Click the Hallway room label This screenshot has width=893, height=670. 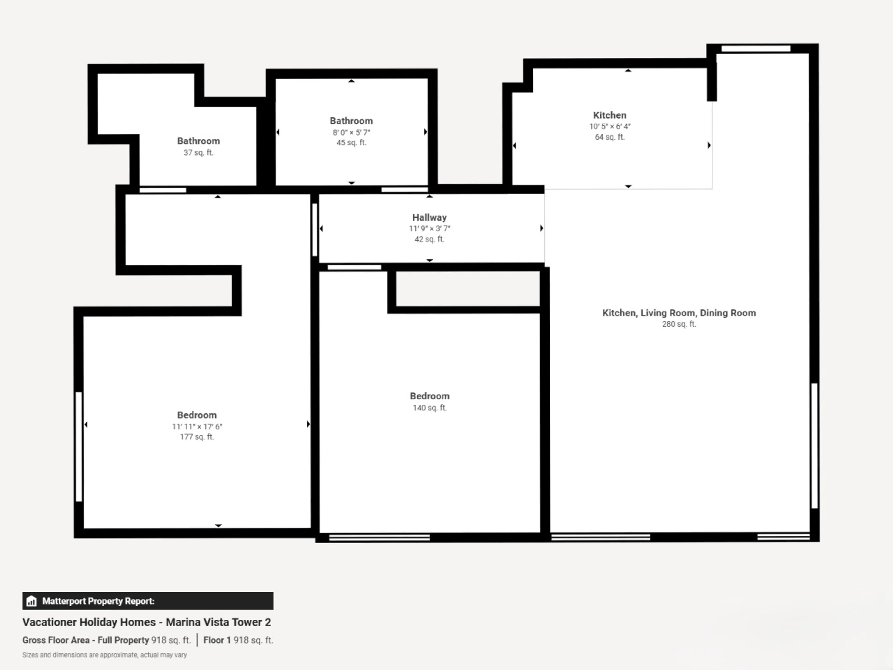click(x=429, y=217)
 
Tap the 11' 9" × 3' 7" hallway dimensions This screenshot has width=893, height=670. click(x=429, y=229)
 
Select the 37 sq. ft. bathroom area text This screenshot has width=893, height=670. click(x=198, y=153)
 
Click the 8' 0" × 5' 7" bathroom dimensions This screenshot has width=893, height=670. click(x=351, y=132)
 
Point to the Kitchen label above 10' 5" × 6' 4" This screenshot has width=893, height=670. click(x=610, y=115)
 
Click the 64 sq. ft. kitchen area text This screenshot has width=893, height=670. click(x=610, y=137)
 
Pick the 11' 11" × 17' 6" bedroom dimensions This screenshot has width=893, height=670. click(x=197, y=426)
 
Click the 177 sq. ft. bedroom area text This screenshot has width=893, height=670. click(x=197, y=437)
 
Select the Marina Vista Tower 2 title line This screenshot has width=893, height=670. click(x=147, y=622)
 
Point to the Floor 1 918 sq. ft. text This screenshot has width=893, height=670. click(x=238, y=640)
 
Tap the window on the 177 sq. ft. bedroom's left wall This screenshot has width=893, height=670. click(x=79, y=447)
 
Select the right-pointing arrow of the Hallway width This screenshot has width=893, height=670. click(x=542, y=228)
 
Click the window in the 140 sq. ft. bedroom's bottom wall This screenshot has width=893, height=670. click(x=380, y=538)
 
